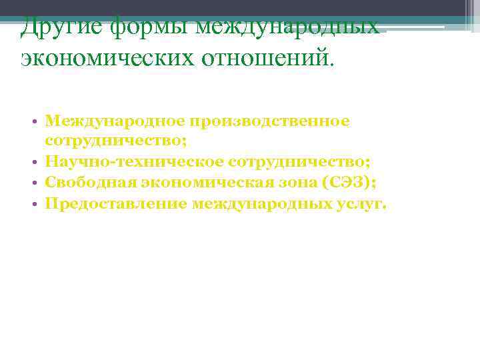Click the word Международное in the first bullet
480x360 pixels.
[114, 121]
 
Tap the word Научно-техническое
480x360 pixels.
[133, 162]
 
